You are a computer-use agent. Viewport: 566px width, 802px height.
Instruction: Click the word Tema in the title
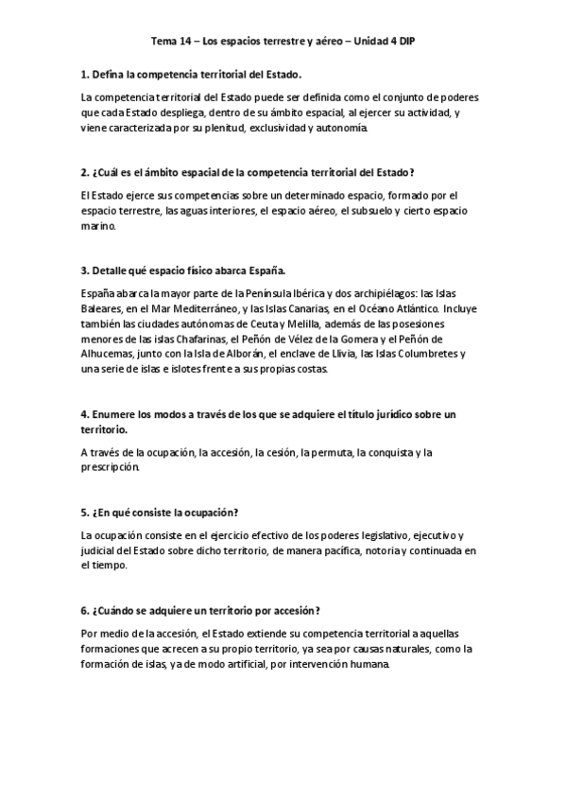click(x=163, y=43)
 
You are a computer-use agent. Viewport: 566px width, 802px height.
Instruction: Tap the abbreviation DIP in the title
click(x=405, y=43)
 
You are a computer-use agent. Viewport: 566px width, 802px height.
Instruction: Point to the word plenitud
click(x=221, y=128)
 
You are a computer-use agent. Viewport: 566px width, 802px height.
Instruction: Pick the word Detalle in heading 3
click(x=111, y=271)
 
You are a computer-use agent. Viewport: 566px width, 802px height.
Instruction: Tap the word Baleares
click(x=103, y=307)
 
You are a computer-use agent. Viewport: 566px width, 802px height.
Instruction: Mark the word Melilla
click(x=297, y=324)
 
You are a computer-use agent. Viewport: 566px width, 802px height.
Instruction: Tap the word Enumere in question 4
click(x=119, y=414)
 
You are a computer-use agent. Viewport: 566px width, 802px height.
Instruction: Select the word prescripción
click(x=111, y=467)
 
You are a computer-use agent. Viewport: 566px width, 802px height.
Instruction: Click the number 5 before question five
click(x=84, y=512)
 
